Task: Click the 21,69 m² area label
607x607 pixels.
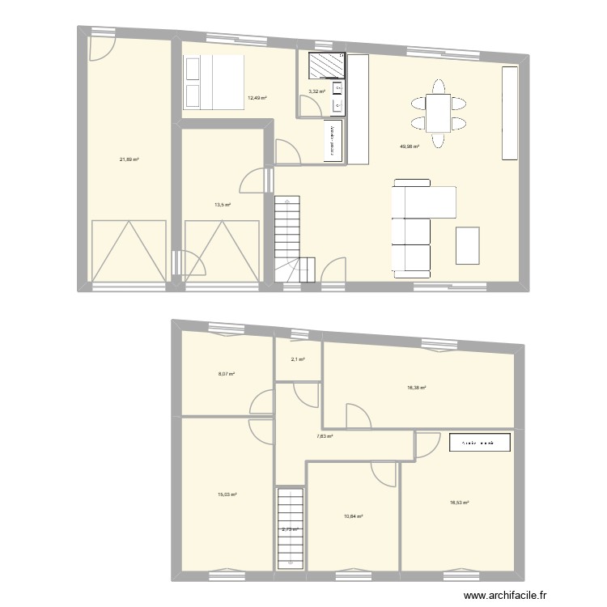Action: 129,159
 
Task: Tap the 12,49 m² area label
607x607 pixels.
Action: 257,97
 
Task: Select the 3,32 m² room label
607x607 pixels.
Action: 316,91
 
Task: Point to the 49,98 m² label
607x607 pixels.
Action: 410,146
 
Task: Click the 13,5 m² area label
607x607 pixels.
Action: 223,205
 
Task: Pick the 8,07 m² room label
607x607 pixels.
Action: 227,374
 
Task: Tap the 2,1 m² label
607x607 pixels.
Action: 297,359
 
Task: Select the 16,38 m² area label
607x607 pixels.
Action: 416,388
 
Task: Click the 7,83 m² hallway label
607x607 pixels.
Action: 325,435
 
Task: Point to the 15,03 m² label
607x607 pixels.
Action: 227,494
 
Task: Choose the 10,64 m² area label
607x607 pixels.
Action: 354,517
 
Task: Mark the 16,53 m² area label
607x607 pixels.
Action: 460,503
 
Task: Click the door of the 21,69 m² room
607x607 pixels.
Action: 101,48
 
